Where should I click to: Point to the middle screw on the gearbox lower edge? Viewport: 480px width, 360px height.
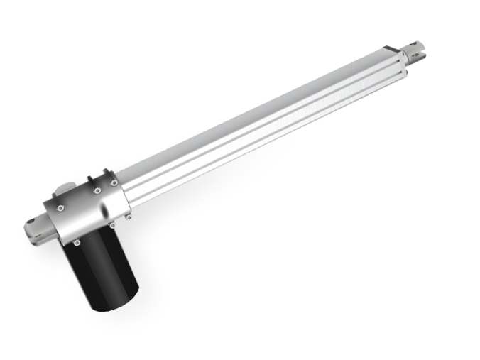pyautogui.click(x=112, y=225)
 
